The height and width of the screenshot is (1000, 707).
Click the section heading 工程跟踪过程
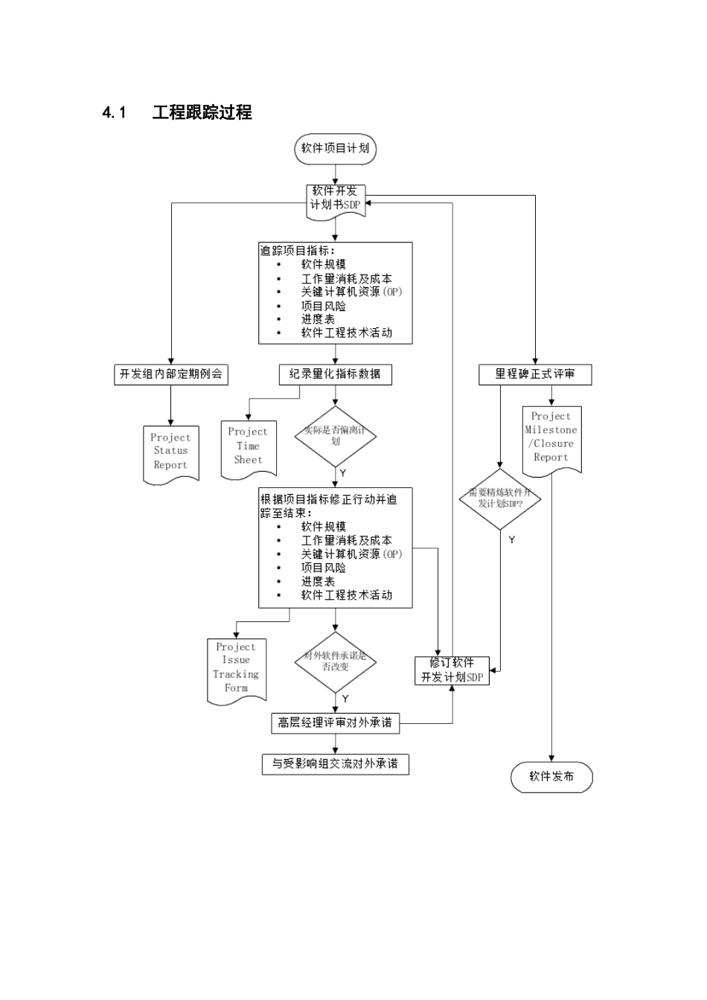click(x=202, y=113)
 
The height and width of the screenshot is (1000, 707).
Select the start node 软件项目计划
click(x=335, y=148)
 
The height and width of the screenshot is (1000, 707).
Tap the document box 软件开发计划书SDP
click(x=336, y=199)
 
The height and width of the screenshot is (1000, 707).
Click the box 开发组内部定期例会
click(x=171, y=374)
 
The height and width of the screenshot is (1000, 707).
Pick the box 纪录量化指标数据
click(x=335, y=374)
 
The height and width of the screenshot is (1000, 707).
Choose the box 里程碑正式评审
click(x=534, y=374)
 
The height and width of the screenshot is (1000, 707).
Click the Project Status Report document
click(x=170, y=452)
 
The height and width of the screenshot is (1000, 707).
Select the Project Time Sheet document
click(x=248, y=446)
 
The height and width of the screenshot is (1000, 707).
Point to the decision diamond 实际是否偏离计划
click(x=335, y=436)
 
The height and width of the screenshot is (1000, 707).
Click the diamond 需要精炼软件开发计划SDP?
click(x=500, y=499)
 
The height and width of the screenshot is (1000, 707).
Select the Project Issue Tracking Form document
click(x=236, y=668)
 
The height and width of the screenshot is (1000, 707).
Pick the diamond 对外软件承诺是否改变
click(x=335, y=661)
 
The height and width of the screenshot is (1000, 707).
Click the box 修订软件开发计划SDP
click(x=452, y=670)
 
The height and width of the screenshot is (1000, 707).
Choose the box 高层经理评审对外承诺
click(x=335, y=722)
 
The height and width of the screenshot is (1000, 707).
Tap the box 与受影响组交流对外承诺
click(x=335, y=764)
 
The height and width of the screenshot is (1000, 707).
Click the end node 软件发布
click(x=551, y=777)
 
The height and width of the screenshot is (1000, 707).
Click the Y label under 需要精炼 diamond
click(x=512, y=540)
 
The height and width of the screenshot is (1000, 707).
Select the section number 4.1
click(x=115, y=113)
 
